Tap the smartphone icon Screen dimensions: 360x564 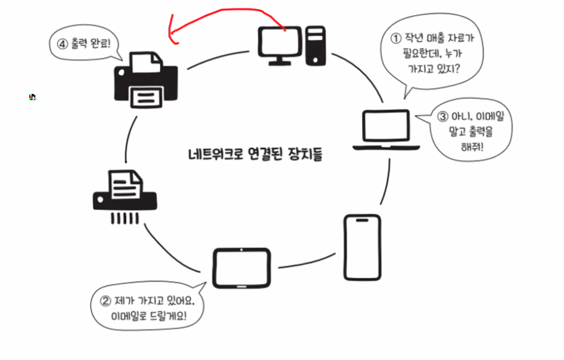[x=362, y=247]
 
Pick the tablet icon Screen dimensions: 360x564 [x=241, y=267]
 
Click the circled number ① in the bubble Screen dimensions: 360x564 [x=396, y=39]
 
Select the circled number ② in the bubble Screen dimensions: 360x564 [x=104, y=302]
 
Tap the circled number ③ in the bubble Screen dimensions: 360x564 [x=442, y=115]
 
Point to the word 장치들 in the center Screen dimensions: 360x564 [x=306, y=154]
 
